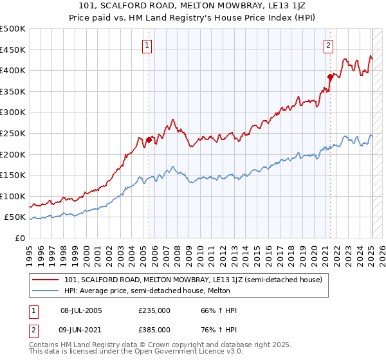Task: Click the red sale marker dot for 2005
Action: click(149, 139)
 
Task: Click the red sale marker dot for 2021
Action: click(330, 76)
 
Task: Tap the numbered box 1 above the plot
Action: click(148, 45)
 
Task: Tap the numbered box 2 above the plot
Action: click(328, 45)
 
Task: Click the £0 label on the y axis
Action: click(19, 238)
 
